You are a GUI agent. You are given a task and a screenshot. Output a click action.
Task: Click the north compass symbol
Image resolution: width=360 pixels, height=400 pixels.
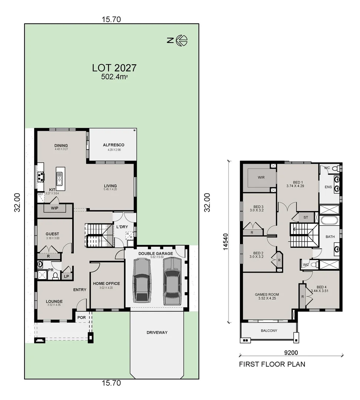coord(181,40)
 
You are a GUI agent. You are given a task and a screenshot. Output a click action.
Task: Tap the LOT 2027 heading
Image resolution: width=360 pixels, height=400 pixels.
coord(114,68)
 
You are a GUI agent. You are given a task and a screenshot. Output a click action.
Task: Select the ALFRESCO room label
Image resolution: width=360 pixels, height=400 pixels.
coord(113,145)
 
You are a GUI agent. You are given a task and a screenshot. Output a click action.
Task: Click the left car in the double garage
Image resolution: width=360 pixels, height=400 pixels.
coord(142,279)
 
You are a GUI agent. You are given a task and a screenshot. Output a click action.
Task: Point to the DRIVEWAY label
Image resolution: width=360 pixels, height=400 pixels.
coord(156,333)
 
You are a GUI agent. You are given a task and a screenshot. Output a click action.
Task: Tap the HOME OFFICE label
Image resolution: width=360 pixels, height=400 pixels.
coord(106,284)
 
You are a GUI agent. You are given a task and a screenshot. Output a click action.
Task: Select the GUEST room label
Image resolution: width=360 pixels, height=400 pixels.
coord(52,234)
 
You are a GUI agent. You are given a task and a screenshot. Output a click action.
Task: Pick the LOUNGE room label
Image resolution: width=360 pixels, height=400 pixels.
coord(54,301)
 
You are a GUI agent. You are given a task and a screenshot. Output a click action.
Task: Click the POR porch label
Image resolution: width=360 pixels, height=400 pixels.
coord(81,317)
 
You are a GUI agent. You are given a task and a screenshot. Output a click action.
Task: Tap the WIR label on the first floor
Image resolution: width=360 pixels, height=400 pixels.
coord(261,177)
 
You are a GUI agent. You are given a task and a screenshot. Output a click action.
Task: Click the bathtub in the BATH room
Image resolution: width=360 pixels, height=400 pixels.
coord(329,221)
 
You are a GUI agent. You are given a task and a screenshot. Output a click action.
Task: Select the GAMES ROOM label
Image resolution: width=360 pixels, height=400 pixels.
coord(267,295)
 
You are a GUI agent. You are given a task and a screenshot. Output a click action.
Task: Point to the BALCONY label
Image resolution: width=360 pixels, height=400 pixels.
coord(269,331)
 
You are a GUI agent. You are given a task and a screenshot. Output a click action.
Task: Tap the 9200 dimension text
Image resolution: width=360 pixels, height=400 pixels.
coord(291,353)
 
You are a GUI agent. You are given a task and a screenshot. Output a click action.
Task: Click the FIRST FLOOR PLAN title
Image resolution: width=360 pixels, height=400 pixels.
coord(272,364)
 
